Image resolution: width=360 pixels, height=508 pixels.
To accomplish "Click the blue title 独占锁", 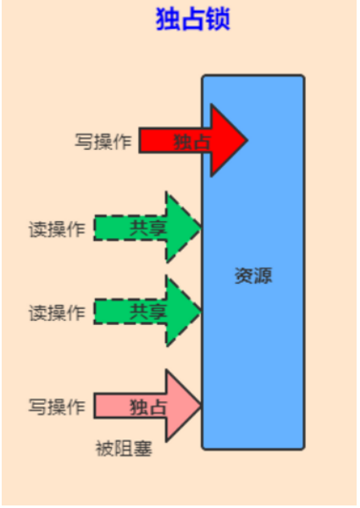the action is [x=193, y=19].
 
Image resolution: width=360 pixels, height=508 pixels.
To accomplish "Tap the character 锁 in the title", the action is [x=219, y=19].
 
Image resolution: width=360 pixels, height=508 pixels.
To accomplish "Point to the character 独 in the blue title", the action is [x=167, y=19].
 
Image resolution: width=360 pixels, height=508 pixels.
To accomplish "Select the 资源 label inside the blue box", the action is [x=253, y=276].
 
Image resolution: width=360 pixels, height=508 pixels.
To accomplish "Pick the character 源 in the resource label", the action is [x=263, y=276].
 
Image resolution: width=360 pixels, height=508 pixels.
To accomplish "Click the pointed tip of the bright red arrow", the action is [x=247, y=140].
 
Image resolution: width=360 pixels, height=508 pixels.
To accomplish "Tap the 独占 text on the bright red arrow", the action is [x=192, y=141].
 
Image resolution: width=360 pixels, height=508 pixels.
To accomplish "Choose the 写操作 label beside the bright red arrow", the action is [x=103, y=141].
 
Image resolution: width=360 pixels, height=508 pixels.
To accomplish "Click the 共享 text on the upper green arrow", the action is [x=148, y=228].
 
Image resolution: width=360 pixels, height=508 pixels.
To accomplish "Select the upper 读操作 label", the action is [x=57, y=229].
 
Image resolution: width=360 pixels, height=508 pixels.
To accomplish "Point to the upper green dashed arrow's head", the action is [x=183, y=228].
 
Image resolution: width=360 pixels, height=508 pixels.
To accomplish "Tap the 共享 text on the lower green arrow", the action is [x=148, y=312].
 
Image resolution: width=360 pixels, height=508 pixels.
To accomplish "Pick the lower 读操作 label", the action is [x=57, y=312].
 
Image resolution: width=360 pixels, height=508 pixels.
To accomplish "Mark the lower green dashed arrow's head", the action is [x=183, y=311].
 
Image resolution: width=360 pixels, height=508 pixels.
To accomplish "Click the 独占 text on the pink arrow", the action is [x=148, y=406].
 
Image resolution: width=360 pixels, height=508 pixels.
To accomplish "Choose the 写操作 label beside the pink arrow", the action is [x=57, y=406].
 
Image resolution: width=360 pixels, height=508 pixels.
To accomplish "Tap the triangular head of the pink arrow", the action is [x=183, y=406].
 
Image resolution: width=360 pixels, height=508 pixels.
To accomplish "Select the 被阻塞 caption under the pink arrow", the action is [x=124, y=449].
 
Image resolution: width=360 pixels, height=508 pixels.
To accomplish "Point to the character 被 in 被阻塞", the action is [x=105, y=449].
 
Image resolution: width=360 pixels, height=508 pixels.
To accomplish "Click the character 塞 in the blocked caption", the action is [x=143, y=449].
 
